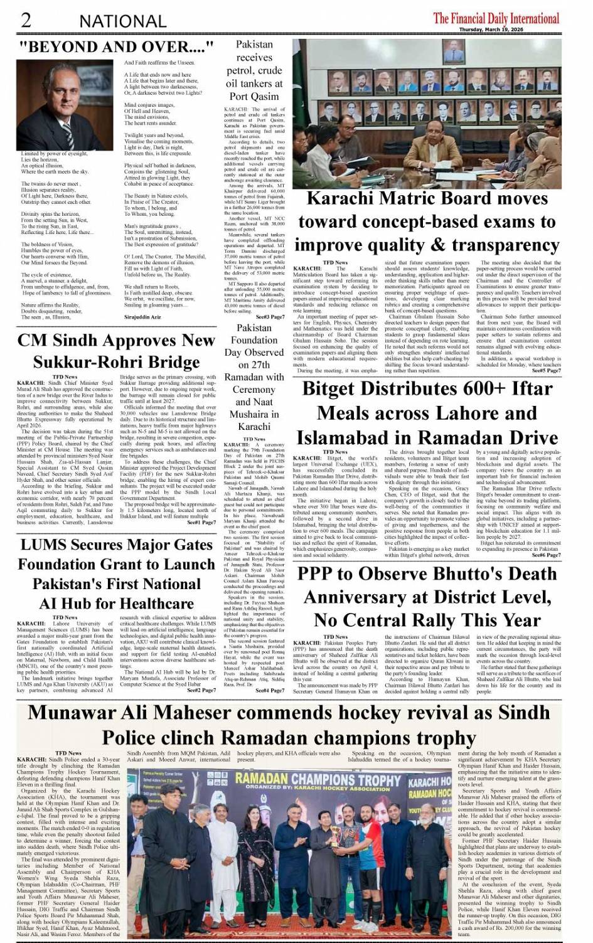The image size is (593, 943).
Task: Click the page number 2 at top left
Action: (x=26, y=19)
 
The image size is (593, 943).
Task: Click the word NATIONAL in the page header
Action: (x=122, y=21)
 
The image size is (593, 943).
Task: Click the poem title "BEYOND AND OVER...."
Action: (x=117, y=47)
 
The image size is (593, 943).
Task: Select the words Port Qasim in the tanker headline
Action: (x=254, y=97)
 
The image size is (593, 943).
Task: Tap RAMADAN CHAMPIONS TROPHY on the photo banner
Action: (x=318, y=780)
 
